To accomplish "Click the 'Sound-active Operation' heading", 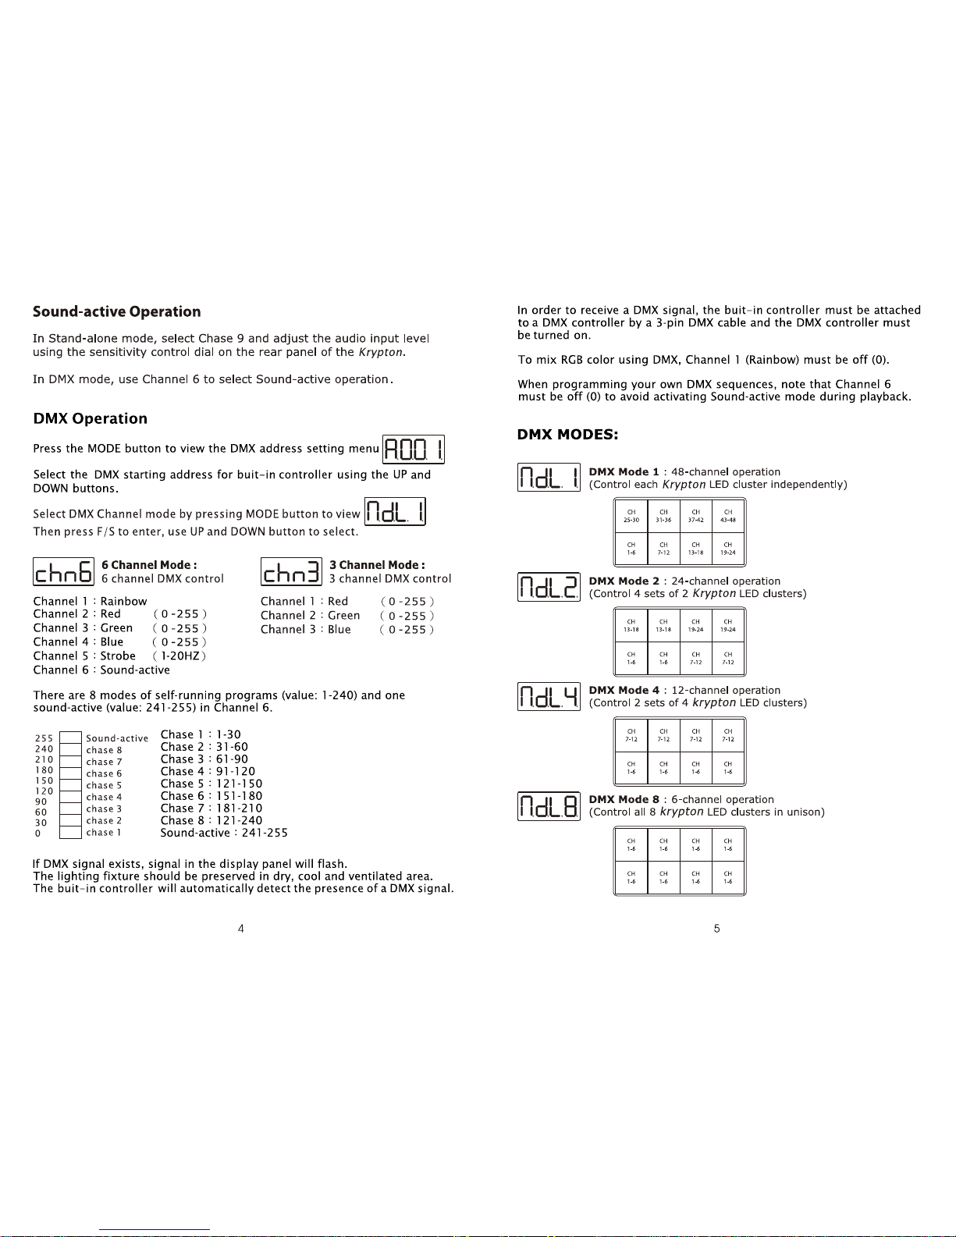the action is (116, 311).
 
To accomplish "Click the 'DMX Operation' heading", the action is (90, 418).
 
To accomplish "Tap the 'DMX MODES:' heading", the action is (567, 435).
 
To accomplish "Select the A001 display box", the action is (413, 450).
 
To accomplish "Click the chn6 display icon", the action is (63, 571).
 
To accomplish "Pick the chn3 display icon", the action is (291, 571).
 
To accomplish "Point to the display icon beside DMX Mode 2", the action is (549, 587).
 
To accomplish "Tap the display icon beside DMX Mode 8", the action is (549, 806).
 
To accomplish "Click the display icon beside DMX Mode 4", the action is (549, 696).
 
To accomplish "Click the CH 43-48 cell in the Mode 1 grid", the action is (728, 517).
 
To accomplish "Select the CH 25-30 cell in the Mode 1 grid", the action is (631, 517).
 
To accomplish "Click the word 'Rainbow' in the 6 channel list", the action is (123, 601).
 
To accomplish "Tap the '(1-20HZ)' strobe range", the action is (179, 656).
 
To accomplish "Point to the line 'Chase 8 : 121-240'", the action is (211, 820).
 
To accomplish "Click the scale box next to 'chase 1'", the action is (70, 832).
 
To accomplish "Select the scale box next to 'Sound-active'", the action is (70, 738).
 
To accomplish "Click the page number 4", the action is (240, 929).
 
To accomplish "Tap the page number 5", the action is (717, 929).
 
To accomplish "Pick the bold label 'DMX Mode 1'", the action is (624, 472).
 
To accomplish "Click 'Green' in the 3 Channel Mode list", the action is (343, 615).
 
